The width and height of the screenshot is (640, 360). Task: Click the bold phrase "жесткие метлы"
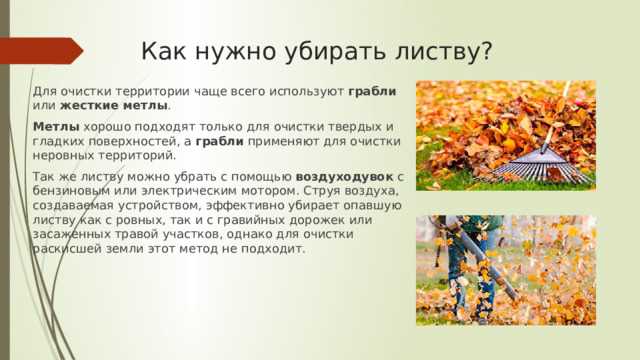[x=113, y=106]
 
